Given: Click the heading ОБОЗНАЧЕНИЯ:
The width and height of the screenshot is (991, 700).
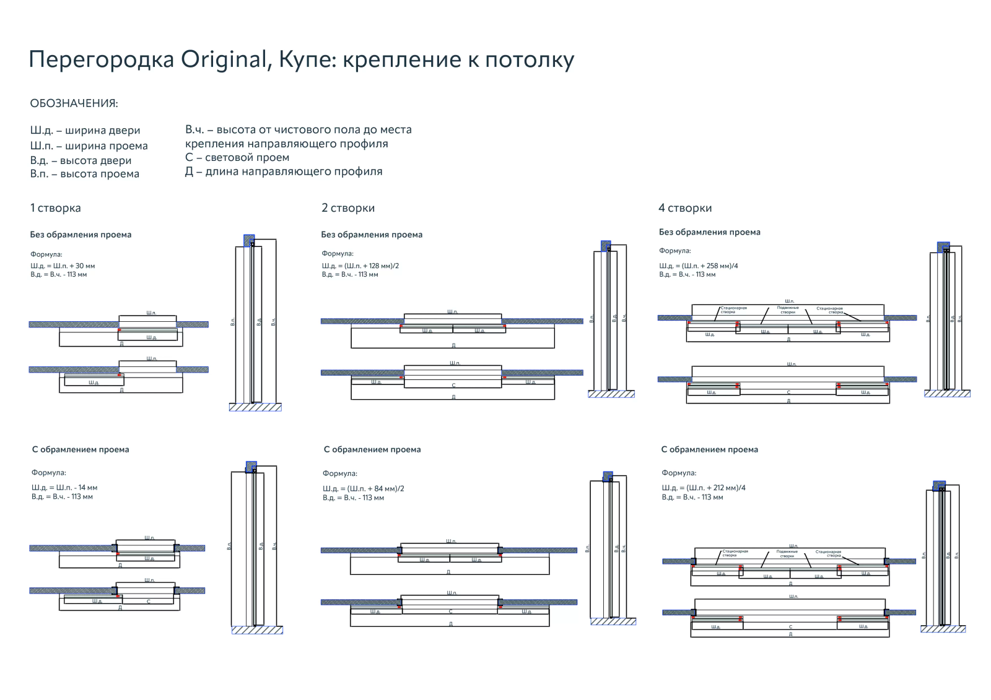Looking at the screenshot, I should (74, 103).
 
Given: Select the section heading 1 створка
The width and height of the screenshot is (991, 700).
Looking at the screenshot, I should (55, 208).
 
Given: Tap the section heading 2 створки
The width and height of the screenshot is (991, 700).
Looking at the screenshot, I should (347, 208).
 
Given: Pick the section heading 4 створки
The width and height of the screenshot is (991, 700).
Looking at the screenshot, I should (684, 208).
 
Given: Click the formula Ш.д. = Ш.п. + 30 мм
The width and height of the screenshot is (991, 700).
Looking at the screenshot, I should (63, 266).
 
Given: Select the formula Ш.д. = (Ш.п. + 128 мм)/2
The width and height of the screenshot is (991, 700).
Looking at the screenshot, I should (360, 266).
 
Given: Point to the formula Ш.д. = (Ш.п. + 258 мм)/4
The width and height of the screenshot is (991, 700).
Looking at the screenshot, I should (698, 266).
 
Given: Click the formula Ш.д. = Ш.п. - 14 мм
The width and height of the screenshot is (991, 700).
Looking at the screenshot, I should (64, 488).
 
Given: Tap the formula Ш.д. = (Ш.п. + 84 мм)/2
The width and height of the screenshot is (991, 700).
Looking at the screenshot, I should (363, 488).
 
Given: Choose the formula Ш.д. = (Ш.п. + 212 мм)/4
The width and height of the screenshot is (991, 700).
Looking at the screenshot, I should (703, 488).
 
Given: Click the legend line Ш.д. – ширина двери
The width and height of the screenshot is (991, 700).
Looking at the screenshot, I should (85, 131).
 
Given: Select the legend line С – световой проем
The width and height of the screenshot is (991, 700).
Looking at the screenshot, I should (237, 157).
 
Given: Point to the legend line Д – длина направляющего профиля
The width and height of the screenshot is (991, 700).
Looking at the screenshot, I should (283, 171).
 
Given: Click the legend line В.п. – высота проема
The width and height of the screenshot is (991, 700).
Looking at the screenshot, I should (84, 174).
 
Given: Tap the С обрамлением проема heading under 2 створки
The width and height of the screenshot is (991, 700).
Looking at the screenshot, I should (372, 449).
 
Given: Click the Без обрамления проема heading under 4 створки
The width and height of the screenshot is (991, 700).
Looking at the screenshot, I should (709, 232).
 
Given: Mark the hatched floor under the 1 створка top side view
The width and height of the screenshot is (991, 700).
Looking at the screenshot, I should (255, 407).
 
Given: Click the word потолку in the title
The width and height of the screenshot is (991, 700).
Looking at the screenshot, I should (530, 60).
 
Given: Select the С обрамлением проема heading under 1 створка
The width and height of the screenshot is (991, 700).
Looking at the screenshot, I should (80, 449).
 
